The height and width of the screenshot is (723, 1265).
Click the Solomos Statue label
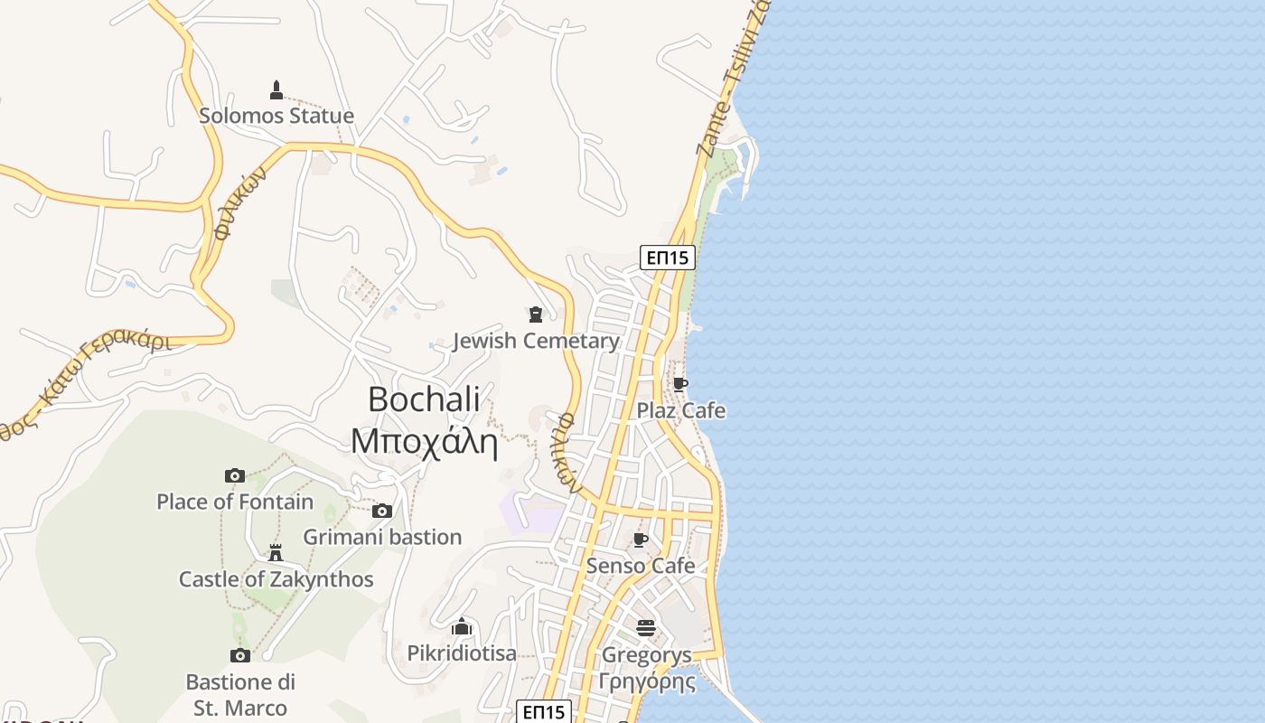click(276, 116)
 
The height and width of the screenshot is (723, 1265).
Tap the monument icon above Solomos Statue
click(276, 89)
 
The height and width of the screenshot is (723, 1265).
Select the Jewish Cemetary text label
click(536, 341)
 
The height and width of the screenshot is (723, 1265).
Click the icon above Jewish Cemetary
click(536, 315)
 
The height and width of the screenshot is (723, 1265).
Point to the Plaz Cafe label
click(681, 410)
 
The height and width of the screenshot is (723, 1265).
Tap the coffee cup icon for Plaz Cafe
click(679, 384)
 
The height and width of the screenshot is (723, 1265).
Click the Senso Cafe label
click(641, 566)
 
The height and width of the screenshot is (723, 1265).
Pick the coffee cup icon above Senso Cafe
click(641, 540)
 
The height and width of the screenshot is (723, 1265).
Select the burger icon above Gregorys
click(645, 627)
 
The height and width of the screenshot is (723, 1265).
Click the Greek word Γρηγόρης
click(647, 681)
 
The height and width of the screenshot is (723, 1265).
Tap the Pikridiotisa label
click(462, 653)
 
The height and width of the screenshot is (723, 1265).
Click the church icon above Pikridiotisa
click(462, 625)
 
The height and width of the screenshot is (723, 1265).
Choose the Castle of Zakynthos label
click(276, 579)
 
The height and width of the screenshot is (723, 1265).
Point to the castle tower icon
click(276, 552)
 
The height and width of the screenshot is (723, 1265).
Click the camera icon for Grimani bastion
click(382, 512)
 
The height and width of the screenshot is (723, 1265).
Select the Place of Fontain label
click(235, 502)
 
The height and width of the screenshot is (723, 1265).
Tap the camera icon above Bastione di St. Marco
click(240, 655)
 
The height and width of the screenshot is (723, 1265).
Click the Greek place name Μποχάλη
click(425, 442)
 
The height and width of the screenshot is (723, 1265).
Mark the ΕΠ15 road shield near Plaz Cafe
click(668, 258)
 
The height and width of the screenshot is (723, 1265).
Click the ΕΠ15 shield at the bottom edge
click(544, 711)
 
